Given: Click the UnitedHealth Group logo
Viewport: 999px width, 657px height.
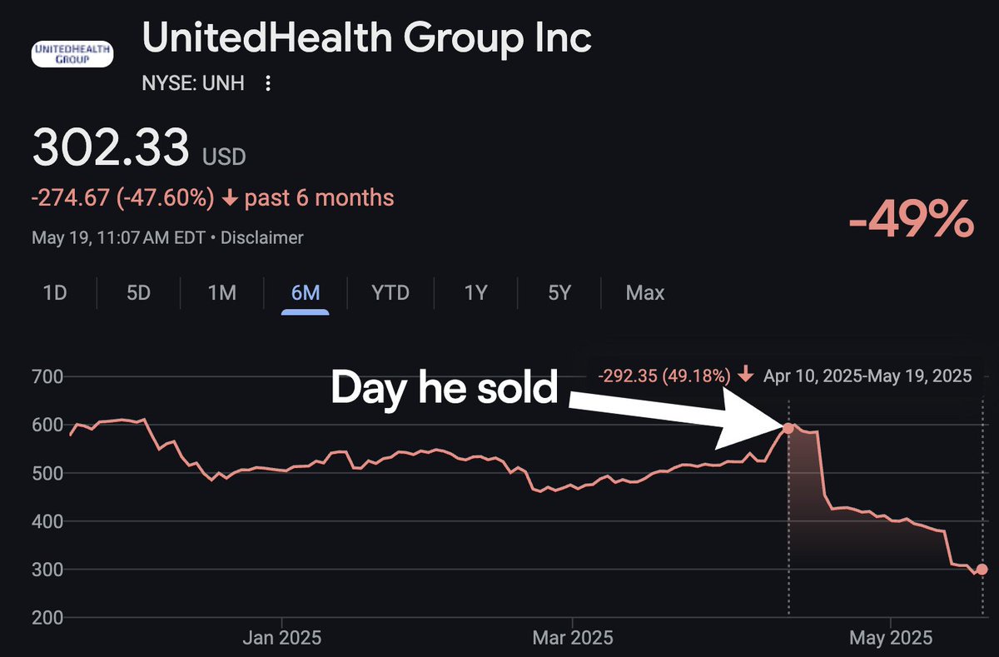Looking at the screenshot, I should click(72, 54).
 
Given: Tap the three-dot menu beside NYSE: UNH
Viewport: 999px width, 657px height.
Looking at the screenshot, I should click(268, 83).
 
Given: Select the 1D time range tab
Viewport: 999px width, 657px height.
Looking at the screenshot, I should click(55, 293).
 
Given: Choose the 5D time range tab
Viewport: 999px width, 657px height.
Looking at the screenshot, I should click(138, 293).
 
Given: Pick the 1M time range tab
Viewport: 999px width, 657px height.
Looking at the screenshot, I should click(222, 293).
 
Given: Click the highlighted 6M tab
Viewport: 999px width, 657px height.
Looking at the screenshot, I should click(306, 293).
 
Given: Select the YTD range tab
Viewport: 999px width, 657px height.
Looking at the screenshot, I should click(390, 293).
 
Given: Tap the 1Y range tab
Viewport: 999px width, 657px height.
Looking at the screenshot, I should click(475, 293).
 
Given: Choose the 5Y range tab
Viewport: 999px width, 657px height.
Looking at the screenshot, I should click(559, 293).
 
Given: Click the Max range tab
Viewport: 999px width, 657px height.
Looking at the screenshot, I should click(645, 293).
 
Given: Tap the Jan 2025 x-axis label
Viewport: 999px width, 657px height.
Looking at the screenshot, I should click(282, 639).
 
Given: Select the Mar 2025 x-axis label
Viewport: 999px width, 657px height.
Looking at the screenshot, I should click(572, 639).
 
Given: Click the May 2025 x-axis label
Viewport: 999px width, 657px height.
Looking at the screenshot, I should click(891, 639).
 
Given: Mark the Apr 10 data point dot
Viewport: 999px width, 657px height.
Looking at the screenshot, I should click(788, 428).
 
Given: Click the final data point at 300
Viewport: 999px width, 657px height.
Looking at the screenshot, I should click(982, 570).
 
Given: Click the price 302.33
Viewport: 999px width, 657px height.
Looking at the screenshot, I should click(111, 148).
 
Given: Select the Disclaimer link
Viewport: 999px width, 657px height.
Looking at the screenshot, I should click(263, 238).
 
